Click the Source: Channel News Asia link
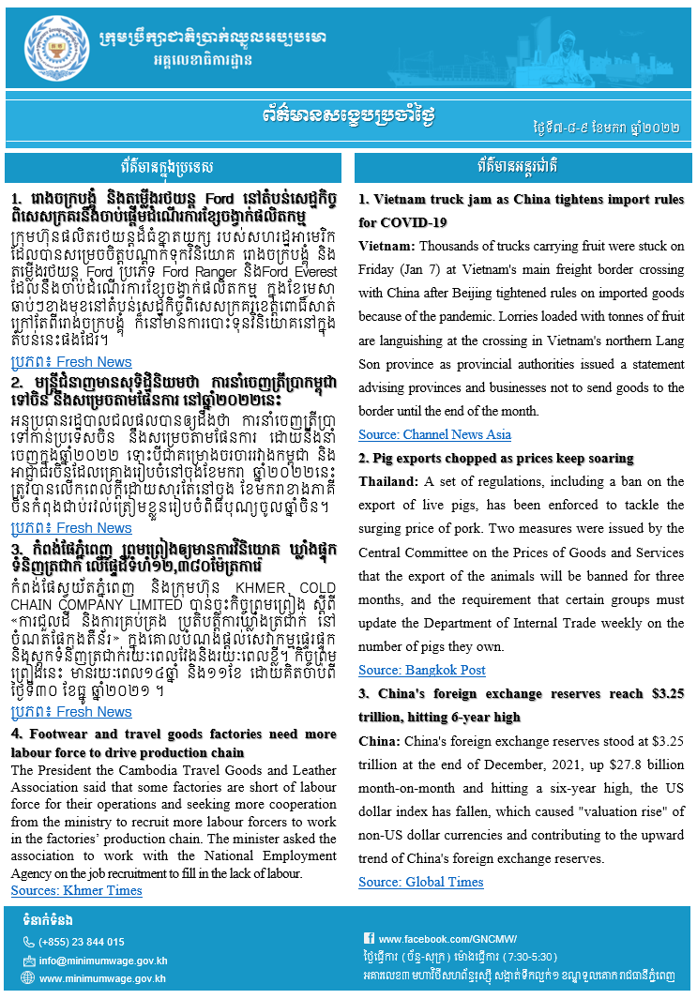434,434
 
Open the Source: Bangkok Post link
421,670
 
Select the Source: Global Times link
420,882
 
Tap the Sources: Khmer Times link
77,890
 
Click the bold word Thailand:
387,481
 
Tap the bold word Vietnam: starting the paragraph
386,246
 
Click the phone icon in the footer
29,942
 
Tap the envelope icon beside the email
29,961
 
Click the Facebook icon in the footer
370,938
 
